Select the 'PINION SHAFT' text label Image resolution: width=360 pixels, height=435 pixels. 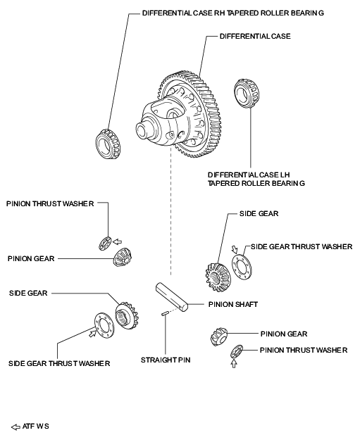coord(233,305)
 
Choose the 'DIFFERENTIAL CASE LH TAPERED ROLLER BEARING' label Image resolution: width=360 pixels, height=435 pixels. coord(256,179)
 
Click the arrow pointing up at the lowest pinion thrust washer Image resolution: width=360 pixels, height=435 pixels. coord(234,365)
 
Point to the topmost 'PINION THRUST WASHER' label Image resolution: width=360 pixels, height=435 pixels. coord(50,203)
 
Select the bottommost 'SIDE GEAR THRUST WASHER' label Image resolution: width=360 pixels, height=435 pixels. coord(59,363)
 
